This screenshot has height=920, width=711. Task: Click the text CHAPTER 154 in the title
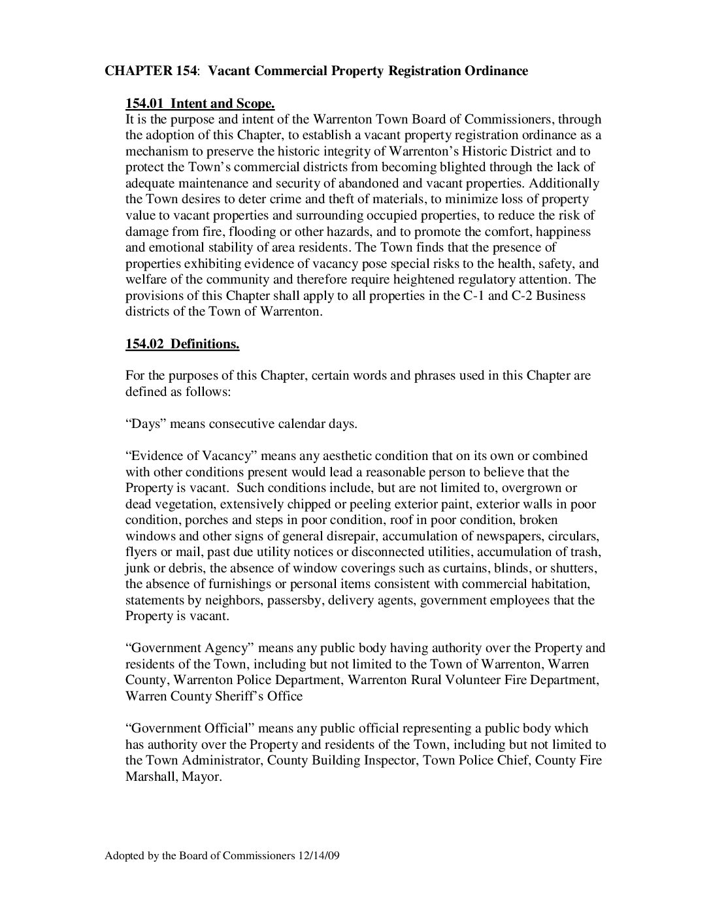click(150, 71)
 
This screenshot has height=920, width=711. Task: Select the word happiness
click(561, 231)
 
